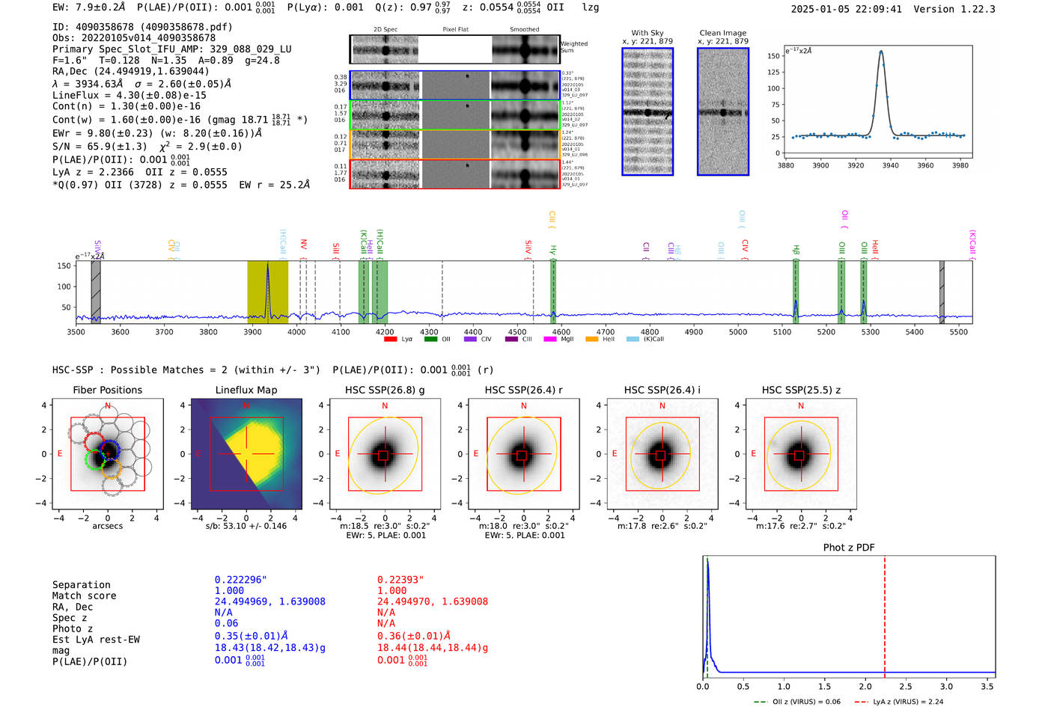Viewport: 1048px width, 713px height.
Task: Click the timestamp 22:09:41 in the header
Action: (x=877, y=10)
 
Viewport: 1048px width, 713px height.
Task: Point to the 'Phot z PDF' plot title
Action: (x=848, y=548)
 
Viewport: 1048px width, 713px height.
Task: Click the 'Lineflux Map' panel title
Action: (x=246, y=390)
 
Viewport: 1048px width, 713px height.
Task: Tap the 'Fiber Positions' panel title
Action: (x=107, y=390)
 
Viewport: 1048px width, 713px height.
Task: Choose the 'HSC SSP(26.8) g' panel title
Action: (x=384, y=390)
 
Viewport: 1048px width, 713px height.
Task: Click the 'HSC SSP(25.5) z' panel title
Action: (x=801, y=390)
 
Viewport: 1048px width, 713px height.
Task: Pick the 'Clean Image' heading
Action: (x=722, y=33)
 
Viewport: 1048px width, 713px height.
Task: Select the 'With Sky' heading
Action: (x=647, y=33)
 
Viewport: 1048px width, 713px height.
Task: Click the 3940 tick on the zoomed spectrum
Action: (x=890, y=165)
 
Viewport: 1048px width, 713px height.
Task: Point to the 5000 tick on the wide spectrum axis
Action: (x=738, y=331)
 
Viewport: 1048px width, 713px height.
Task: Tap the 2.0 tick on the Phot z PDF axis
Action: (x=865, y=686)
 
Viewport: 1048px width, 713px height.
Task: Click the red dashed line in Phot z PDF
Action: (x=884, y=613)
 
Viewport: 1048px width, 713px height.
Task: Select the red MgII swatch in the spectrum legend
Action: (x=549, y=340)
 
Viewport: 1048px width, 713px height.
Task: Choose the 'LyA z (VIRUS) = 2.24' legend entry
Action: (x=908, y=702)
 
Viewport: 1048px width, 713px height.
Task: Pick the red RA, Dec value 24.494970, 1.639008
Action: (x=432, y=602)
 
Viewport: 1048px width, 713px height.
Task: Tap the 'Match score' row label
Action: (x=84, y=596)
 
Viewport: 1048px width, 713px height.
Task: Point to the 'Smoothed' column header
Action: (x=524, y=30)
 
